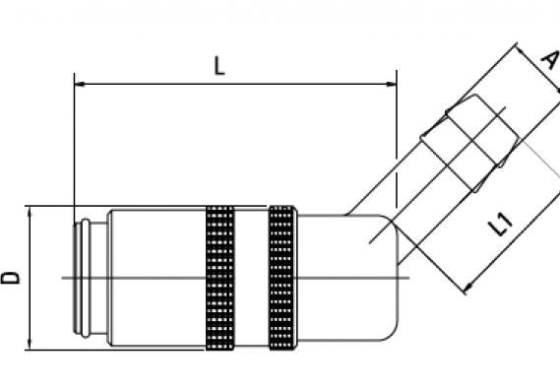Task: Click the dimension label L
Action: point(219,66)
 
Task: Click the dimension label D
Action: point(11,278)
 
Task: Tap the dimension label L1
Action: point(501,225)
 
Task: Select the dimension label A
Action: point(550,59)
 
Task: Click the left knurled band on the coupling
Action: point(220,278)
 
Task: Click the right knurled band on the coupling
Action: point(282,278)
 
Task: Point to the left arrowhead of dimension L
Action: point(80,84)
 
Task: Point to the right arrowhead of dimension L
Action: point(392,84)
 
